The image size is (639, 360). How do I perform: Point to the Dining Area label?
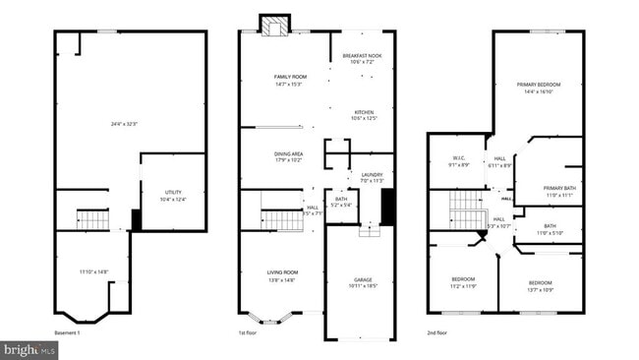tap(287, 154)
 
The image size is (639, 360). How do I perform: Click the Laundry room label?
tap(371, 176)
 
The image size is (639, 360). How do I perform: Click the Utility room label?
tap(172, 192)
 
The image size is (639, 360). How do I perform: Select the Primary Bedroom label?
tap(537, 85)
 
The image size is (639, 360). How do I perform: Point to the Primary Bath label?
tap(559, 188)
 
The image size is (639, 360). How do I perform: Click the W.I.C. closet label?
tap(459, 157)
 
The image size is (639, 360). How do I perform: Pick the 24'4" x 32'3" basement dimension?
tap(123, 123)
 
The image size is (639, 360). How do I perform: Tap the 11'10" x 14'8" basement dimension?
tap(93, 271)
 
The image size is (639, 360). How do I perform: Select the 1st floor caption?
tap(248, 334)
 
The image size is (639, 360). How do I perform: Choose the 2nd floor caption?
tap(438, 334)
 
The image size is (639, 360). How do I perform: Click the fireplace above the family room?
tap(273, 25)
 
